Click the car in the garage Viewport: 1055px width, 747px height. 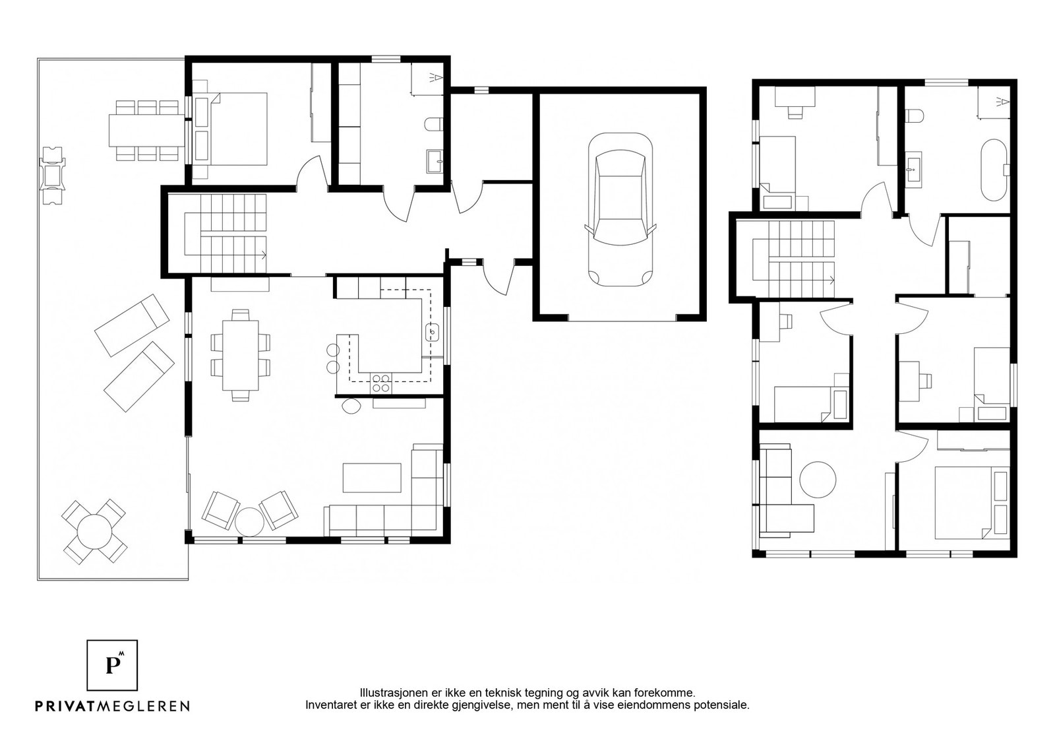(x=620, y=209)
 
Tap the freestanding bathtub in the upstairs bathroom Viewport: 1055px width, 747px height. (x=994, y=170)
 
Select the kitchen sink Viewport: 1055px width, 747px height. (x=433, y=333)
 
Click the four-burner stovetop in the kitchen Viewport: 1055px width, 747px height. (x=380, y=383)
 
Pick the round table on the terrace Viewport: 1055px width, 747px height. (x=95, y=532)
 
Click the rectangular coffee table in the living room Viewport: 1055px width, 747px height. (x=372, y=478)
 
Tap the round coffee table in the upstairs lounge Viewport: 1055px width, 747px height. (x=818, y=479)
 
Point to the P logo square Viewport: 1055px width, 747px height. (x=112, y=665)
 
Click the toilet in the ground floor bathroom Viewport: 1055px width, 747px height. (x=434, y=125)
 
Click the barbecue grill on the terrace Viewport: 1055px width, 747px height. (x=52, y=175)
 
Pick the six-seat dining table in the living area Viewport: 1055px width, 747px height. (x=241, y=356)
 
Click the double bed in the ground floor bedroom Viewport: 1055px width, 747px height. (x=231, y=129)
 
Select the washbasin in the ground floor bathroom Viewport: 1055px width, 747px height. (x=435, y=162)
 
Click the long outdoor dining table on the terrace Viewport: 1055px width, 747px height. (x=146, y=130)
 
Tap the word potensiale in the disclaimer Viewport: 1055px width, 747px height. (x=725, y=705)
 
